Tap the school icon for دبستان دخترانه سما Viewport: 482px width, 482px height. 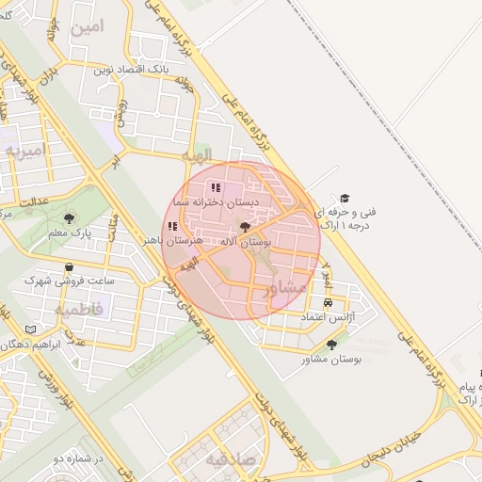[x=216, y=187]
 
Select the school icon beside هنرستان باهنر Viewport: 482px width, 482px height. [x=171, y=226]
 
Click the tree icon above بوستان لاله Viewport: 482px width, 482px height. [x=245, y=227]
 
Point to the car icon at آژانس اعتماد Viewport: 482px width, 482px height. [x=328, y=303]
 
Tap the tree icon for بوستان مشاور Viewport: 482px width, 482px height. [x=330, y=345]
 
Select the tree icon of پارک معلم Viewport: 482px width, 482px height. [x=71, y=217]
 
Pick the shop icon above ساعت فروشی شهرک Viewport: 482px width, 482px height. [x=70, y=266]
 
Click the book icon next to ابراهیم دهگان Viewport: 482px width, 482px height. [x=31, y=329]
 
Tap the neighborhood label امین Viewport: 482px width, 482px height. [x=84, y=26]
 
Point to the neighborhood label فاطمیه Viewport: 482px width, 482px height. [x=76, y=307]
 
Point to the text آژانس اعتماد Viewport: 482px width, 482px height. [x=328, y=318]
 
